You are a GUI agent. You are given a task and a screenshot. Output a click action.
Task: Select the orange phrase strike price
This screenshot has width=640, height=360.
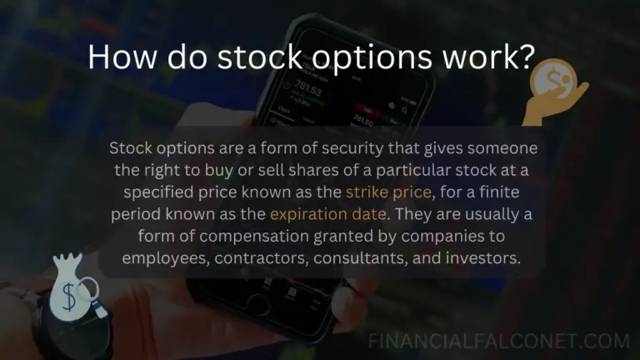(x=389, y=193)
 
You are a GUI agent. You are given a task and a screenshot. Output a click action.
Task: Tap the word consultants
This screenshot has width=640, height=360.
(x=373, y=258)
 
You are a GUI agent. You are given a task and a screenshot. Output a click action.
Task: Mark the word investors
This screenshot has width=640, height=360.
(x=487, y=258)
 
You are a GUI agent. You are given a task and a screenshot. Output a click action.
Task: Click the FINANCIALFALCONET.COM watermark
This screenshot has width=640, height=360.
(x=499, y=341)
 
